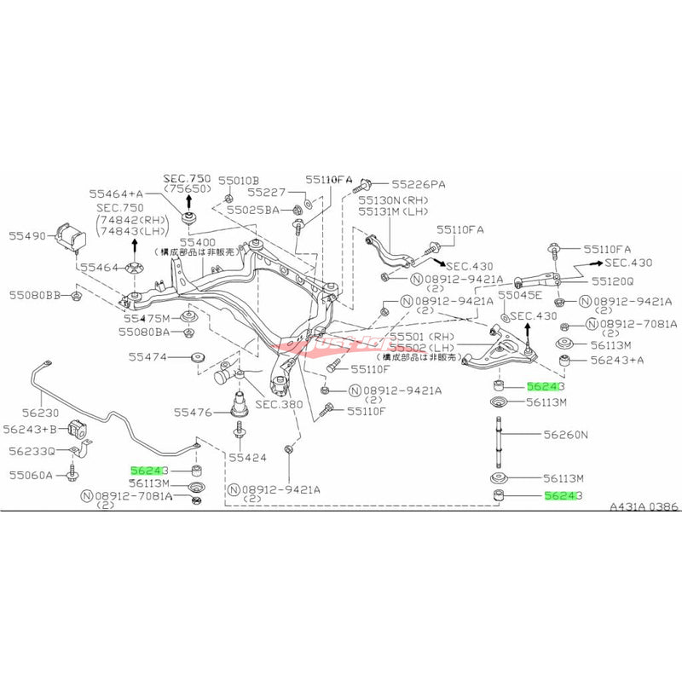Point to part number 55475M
click(x=149, y=318)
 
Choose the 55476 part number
click(x=192, y=412)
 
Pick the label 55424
click(x=247, y=457)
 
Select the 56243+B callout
click(x=29, y=429)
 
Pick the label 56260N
click(x=566, y=434)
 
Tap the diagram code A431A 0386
click(x=644, y=506)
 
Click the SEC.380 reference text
click(x=273, y=404)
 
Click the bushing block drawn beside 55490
click(x=70, y=237)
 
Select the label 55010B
click(x=237, y=181)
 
